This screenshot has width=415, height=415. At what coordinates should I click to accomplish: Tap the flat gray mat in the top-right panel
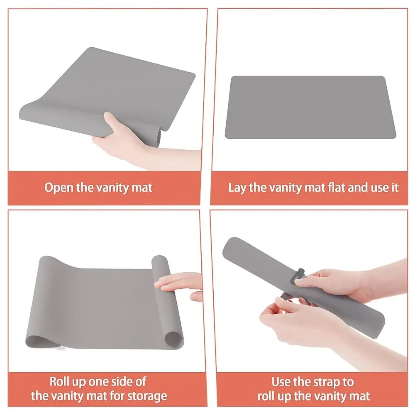click(310, 107)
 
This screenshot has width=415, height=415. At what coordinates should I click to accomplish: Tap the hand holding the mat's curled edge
click(124, 137)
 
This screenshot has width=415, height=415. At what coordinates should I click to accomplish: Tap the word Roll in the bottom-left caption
click(61, 381)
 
